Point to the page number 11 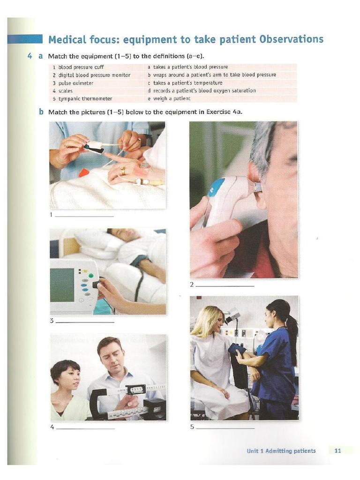pos(337,451)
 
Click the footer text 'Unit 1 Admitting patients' pos(281,451)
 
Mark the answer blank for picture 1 pos(85,216)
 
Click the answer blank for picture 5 pos(225,427)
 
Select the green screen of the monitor pos(62,285)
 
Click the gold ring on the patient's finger pos(123,171)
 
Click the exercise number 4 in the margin pos(30,56)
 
